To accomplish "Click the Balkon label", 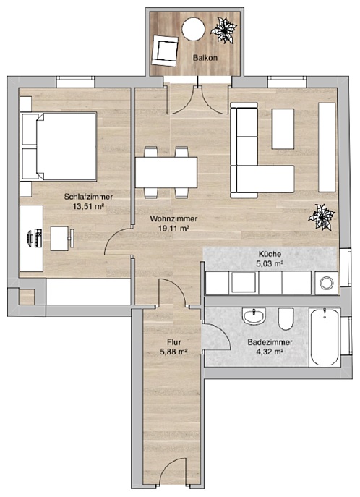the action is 205,58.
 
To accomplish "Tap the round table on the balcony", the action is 194,29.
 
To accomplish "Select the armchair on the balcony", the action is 165,51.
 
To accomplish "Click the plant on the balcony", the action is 224,30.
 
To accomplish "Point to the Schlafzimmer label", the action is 88,197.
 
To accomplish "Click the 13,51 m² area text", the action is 89,207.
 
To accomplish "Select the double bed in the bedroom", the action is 59,146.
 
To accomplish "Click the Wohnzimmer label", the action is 173,218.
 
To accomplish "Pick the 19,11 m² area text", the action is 173,228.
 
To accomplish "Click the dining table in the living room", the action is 166,173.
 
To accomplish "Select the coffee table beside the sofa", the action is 283,129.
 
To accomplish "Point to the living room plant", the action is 322,217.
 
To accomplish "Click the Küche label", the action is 270,254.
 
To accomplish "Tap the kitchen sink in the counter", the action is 244,282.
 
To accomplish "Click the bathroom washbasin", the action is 254,316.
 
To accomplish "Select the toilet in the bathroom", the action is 286,319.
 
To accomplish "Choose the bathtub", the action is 325,337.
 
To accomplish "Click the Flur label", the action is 173,342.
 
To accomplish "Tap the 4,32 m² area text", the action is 270,352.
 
